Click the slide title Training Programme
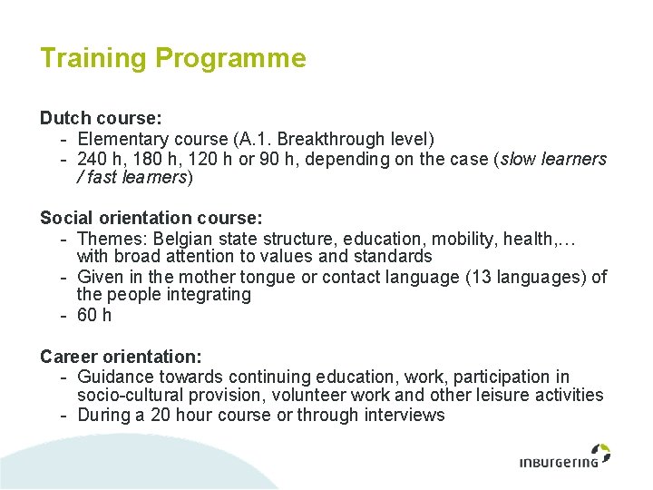(172, 59)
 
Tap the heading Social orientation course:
(151, 218)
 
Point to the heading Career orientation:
(121, 357)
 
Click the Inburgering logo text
(559, 463)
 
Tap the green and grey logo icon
(599, 451)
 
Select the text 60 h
(94, 315)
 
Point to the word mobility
(462, 238)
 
